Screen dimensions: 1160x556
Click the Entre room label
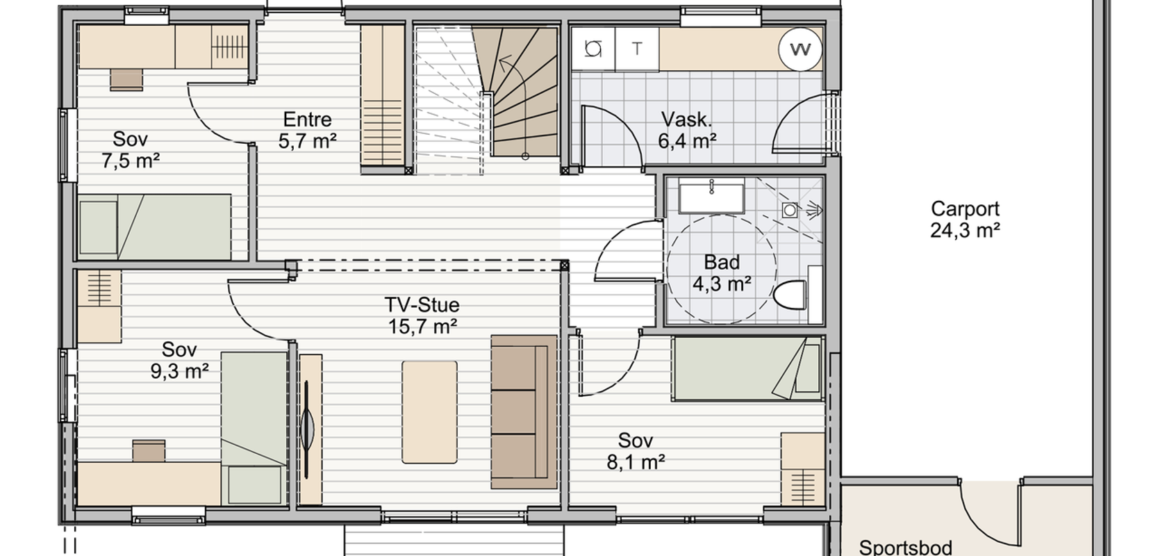click(307, 120)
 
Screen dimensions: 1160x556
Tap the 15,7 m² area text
click(422, 327)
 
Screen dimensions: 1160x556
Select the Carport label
click(965, 209)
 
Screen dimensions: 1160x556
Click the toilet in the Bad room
click(790, 294)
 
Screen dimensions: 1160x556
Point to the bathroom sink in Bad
click(711, 196)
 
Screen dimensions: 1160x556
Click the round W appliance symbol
click(800, 49)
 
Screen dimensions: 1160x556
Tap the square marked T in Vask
click(637, 49)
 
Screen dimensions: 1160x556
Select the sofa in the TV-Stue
click(524, 412)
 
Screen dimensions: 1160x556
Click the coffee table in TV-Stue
click(429, 412)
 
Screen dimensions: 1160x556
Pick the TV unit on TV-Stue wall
click(310, 429)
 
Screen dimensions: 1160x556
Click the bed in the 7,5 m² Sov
click(154, 227)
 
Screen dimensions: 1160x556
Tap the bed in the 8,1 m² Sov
click(747, 368)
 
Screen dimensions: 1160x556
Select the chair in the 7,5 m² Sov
click(126, 80)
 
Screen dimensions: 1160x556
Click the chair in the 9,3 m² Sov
click(149, 451)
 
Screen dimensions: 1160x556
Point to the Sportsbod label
click(905, 547)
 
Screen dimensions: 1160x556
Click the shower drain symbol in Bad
click(790, 211)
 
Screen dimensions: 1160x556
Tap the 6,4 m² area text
click(687, 141)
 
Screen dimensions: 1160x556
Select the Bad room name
click(722, 263)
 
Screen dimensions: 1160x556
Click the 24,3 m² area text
click(965, 231)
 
